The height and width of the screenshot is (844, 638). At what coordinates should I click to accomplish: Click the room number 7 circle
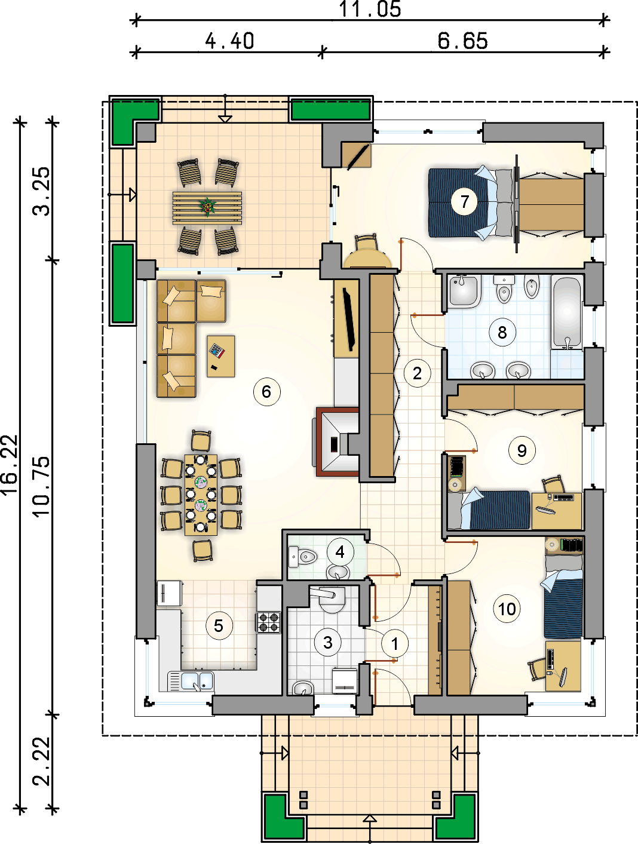[x=465, y=201]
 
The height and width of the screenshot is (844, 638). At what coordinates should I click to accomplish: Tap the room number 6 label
[x=266, y=391]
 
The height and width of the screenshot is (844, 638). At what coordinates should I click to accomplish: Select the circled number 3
[x=327, y=642]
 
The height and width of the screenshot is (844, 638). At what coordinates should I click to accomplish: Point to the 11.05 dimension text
[x=370, y=9]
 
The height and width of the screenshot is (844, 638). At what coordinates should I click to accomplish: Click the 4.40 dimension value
[x=229, y=41]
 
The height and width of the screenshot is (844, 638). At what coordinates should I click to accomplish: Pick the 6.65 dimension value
[x=462, y=41]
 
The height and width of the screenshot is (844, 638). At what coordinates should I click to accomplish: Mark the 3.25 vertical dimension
[x=42, y=192]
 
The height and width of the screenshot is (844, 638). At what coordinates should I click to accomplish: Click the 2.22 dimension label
[x=42, y=761]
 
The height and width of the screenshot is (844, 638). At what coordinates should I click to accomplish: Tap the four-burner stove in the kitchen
[x=268, y=622]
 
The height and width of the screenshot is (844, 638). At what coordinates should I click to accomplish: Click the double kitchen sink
[x=191, y=681]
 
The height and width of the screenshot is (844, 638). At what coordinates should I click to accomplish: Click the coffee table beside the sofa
[x=221, y=356]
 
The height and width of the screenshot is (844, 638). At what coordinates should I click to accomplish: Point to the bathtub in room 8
[x=567, y=312]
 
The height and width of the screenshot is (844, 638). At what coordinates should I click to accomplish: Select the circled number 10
[x=507, y=609]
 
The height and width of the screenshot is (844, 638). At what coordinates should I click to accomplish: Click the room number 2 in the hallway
[x=417, y=373]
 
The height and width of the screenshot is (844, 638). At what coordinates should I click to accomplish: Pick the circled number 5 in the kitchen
[x=219, y=625]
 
